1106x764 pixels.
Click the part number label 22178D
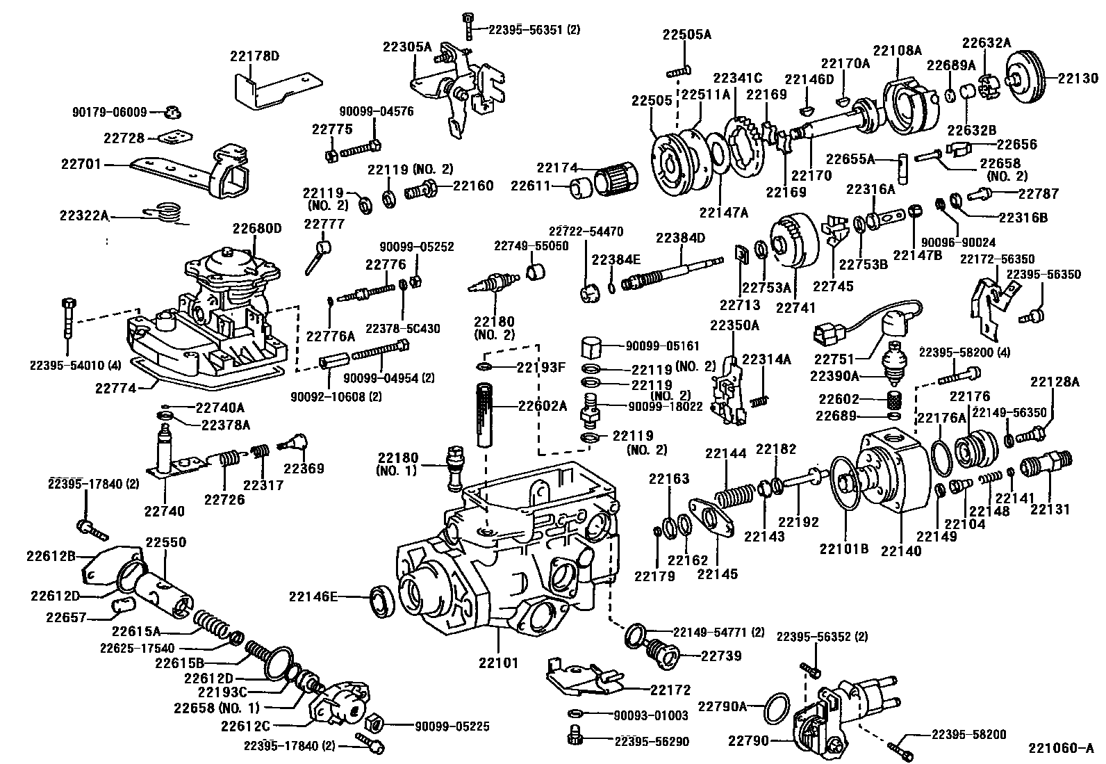click(x=255, y=56)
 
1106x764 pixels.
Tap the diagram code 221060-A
click(x=1061, y=749)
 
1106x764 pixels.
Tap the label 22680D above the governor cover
click(x=257, y=228)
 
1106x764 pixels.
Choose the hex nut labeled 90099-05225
click(x=373, y=724)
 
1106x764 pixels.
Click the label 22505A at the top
click(x=686, y=35)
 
